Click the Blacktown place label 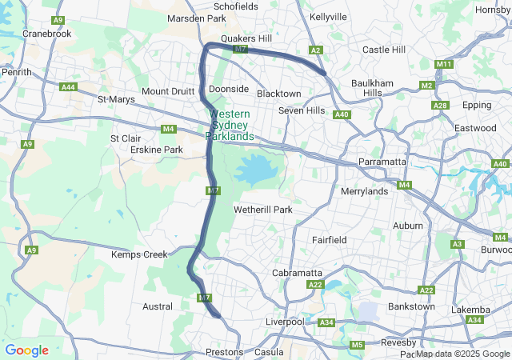tap(278, 94)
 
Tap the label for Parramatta tap(382, 162)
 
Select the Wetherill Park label tap(263, 210)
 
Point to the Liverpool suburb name tap(286, 322)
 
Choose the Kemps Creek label tap(139, 254)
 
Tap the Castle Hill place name tap(384, 50)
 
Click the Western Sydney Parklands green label tap(230, 126)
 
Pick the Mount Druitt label tap(166, 91)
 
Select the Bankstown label tap(411, 306)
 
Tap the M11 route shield tap(445, 64)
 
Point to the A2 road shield tap(316, 50)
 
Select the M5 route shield tap(357, 345)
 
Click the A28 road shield tap(439, 106)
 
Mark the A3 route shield tap(458, 244)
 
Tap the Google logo tap(26, 350)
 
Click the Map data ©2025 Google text tap(462, 354)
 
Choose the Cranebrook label tap(47, 34)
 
